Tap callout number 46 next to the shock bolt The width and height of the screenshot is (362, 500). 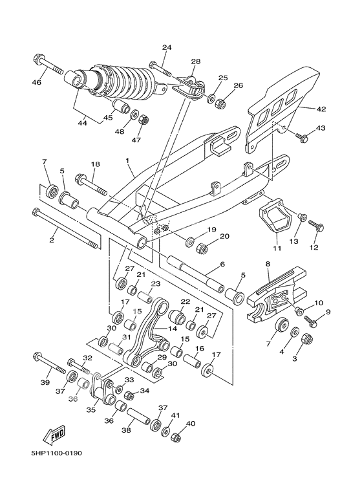36,82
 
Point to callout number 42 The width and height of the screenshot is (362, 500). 321,109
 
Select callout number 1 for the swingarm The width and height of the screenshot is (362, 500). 128,160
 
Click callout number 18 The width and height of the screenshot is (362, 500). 95,166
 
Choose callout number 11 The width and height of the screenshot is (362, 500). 277,248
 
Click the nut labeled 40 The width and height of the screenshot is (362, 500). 176,437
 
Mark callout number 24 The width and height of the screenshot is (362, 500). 167,48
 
